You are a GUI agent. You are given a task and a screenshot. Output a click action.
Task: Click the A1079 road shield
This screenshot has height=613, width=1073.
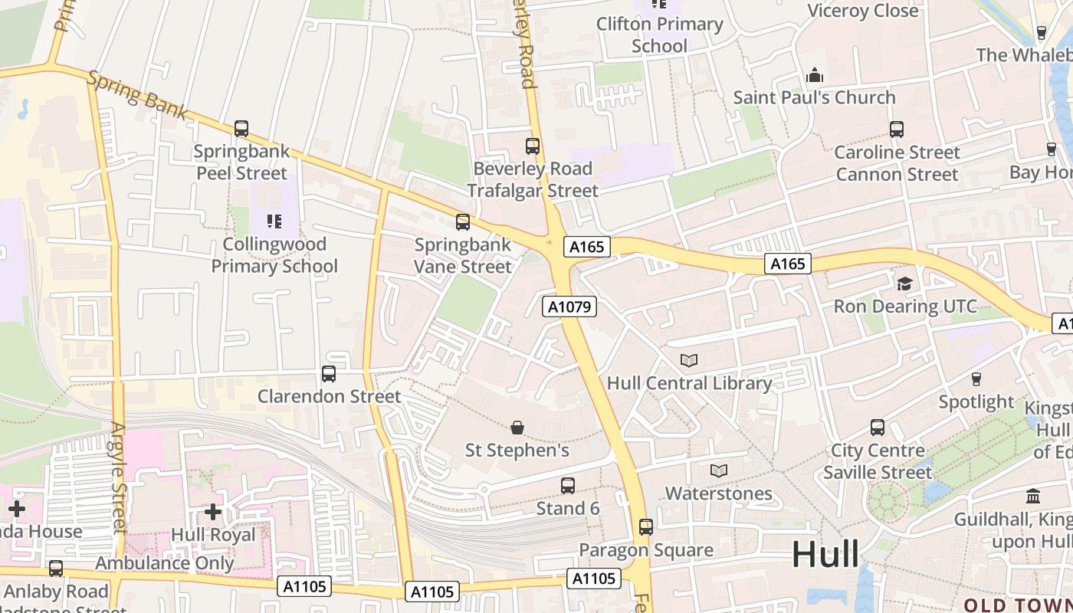coord(569,306)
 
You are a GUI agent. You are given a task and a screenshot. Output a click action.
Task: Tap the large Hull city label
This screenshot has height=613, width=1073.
coord(825,553)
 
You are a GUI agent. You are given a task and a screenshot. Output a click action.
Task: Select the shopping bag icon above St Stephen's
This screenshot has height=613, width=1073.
coord(517,427)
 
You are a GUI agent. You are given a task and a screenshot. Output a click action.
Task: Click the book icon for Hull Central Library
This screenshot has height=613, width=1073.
coord(689,360)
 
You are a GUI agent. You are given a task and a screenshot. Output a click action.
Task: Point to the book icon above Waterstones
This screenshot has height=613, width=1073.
coord(718,470)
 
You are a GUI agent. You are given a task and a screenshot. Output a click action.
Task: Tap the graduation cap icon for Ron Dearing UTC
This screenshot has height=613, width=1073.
coord(904,284)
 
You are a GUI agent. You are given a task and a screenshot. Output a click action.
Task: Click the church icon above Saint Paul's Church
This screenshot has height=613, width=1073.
coord(814,75)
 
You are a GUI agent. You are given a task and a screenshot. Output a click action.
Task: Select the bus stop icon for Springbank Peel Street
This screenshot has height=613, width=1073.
coord(241,129)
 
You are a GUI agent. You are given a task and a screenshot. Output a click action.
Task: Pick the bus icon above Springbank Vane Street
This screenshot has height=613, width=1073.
coord(463,222)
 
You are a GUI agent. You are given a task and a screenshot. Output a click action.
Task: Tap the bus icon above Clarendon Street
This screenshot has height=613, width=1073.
coord(329,374)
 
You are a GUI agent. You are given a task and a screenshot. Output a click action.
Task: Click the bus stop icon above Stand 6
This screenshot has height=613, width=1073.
coord(568,486)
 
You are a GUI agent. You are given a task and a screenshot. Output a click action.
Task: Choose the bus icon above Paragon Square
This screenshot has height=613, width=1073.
coord(646,527)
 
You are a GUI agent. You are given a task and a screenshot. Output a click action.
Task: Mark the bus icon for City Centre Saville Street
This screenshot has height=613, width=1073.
coord(878,428)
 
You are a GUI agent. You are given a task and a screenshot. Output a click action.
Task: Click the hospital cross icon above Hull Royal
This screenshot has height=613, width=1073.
coord(213,511)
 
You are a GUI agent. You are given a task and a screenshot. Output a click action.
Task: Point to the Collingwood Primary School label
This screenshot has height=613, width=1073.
coord(274,255)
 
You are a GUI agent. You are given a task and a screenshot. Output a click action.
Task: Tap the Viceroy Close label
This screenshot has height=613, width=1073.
coord(863,11)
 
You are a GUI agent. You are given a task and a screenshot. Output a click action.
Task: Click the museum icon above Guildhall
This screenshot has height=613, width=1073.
coord(1032,497)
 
